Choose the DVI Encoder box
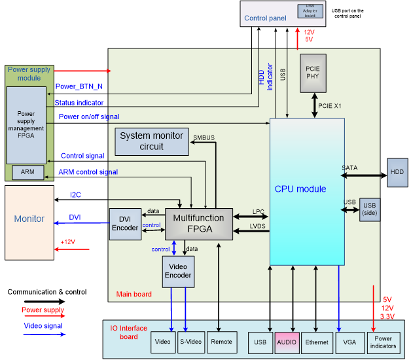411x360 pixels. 124,224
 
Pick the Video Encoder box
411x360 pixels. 178,271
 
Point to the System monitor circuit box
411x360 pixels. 152,141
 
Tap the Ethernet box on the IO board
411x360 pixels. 316,342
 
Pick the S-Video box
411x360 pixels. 191,342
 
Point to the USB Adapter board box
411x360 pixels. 310,10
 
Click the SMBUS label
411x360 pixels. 204,137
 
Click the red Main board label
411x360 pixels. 134,295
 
